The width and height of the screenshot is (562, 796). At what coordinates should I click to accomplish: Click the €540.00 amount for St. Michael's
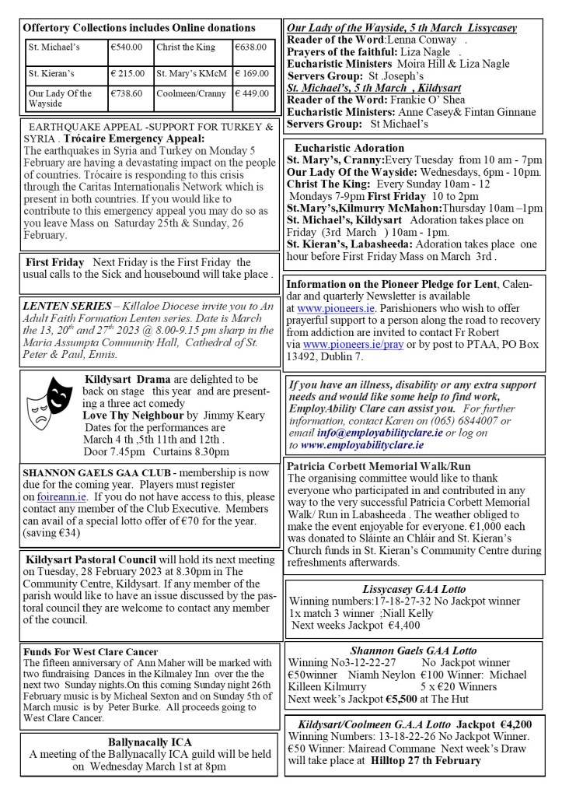(x=127, y=48)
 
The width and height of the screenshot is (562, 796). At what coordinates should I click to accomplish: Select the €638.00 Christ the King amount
(x=252, y=48)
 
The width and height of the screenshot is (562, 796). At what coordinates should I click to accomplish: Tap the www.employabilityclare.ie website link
(x=362, y=446)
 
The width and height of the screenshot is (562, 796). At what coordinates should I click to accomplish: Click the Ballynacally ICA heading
(x=149, y=742)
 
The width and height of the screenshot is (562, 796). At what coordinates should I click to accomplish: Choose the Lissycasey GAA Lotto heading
(x=414, y=589)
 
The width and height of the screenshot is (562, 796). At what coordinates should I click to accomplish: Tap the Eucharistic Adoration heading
(x=349, y=148)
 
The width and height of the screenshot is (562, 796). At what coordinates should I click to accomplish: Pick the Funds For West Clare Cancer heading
(x=91, y=651)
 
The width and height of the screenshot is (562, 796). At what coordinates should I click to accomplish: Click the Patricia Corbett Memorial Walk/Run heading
(x=379, y=466)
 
